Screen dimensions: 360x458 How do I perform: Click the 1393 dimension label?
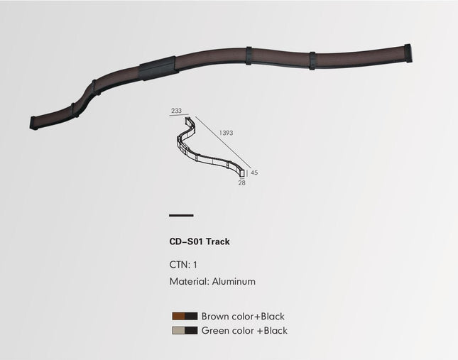click(227, 133)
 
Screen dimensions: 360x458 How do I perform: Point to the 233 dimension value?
click(176, 111)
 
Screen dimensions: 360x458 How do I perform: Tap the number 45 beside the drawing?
click(253, 173)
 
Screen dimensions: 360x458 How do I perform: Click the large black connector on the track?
click(158, 67)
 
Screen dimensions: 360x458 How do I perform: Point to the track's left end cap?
click(34, 122)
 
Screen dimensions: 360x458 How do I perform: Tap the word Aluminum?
click(234, 281)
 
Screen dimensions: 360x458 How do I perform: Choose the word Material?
click(188, 281)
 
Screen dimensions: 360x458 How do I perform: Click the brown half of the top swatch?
click(178, 316)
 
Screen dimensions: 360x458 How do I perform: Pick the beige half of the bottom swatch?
click(178, 330)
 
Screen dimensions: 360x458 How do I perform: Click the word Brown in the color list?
click(215, 316)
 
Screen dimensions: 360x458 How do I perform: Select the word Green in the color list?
click(215, 330)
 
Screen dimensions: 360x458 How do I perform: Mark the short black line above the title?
click(181, 214)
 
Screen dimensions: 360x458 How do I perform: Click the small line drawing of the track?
click(211, 147)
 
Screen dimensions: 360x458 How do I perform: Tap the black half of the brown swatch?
click(191, 316)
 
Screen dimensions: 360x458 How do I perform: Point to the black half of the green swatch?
click(191, 330)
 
